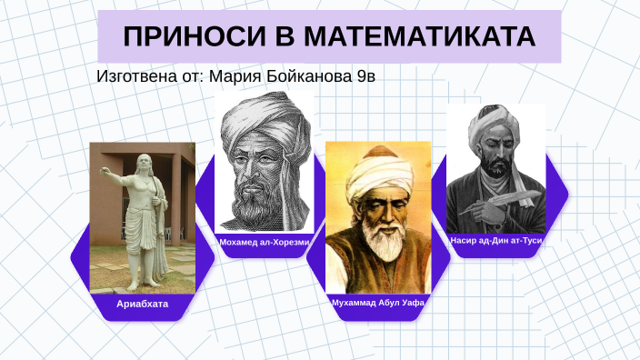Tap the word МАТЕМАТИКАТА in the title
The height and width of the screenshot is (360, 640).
point(420,36)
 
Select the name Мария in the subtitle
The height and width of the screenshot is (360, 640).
point(235,76)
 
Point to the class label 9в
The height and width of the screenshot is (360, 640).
point(365,76)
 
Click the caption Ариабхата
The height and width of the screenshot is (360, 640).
point(142,304)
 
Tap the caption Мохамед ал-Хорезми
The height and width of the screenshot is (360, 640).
point(264,243)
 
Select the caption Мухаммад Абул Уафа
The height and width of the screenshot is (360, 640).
point(378,303)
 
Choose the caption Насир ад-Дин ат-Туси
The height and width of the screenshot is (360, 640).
point(496,241)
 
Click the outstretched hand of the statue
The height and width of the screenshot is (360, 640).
point(105,169)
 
